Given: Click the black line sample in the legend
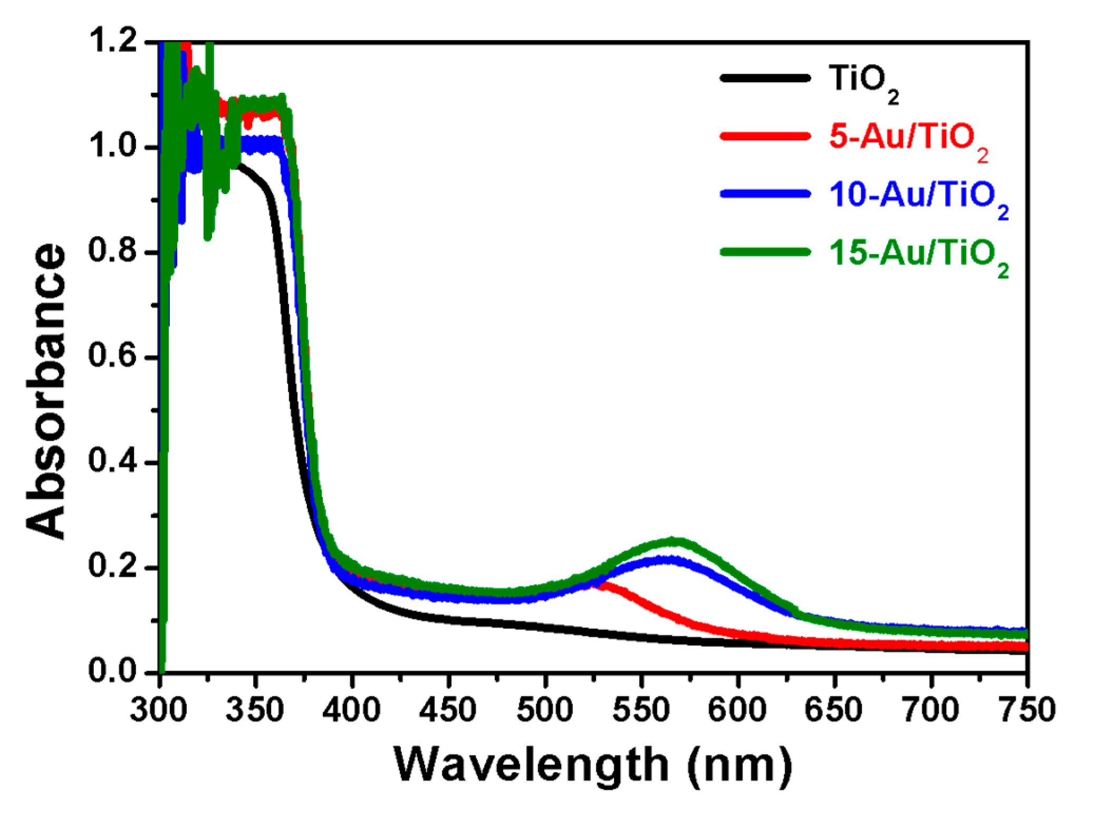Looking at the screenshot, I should pos(765,78).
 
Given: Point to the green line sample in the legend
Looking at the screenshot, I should pos(765,253).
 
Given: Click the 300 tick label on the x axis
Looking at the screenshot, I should pos(159,710).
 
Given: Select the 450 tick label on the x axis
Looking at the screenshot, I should pos(448,710).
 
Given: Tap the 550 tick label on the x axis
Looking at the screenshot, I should pos(641,710).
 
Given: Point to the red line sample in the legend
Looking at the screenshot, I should pos(765,136).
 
